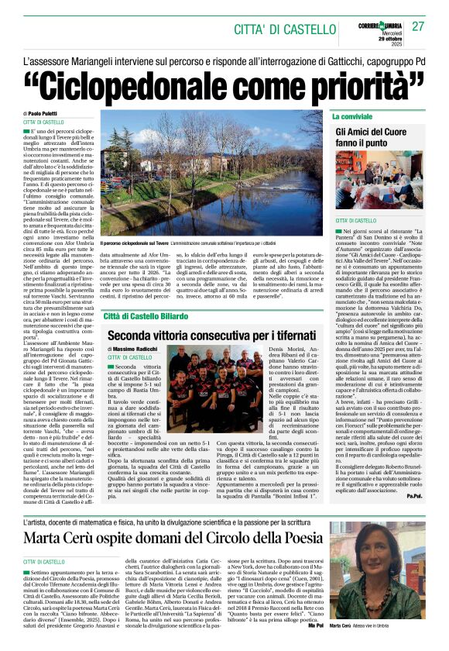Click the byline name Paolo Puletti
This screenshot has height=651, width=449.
coord(48,114)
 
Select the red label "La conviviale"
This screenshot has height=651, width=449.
coord(353,116)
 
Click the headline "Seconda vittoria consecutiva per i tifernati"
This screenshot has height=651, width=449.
coord(211,315)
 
